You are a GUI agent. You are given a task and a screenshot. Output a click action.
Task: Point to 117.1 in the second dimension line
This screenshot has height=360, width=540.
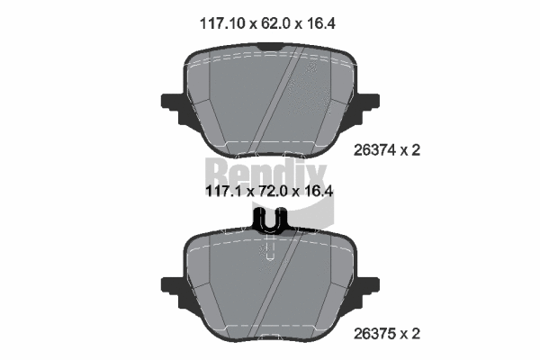(225, 192)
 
